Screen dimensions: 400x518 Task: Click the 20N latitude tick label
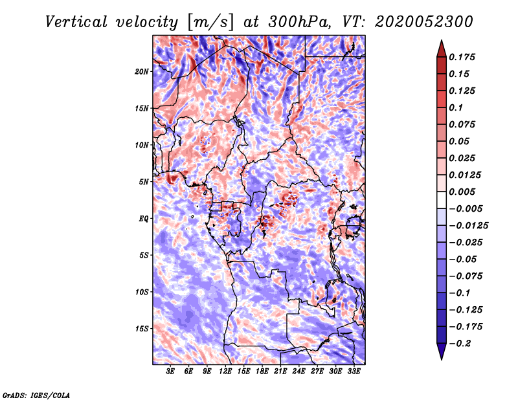coord(142,71)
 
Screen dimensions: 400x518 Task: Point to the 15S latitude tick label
coord(142,329)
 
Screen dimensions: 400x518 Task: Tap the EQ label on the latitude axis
coord(144,219)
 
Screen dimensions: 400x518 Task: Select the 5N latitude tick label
coord(144,182)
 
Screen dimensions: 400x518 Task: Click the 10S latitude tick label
coord(142,292)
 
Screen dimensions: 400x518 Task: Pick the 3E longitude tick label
coord(171,372)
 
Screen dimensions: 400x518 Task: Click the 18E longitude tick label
coord(262,372)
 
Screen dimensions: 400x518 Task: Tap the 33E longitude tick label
coord(354,372)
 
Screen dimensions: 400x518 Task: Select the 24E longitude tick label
coord(299,372)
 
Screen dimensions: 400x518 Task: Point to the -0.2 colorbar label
coord(464,344)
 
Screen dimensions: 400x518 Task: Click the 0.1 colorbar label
coord(456,107)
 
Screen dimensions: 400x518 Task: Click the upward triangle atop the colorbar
coord(440,47)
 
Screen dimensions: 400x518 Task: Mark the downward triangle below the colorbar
coord(440,353)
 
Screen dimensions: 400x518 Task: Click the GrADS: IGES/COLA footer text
coord(36,394)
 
